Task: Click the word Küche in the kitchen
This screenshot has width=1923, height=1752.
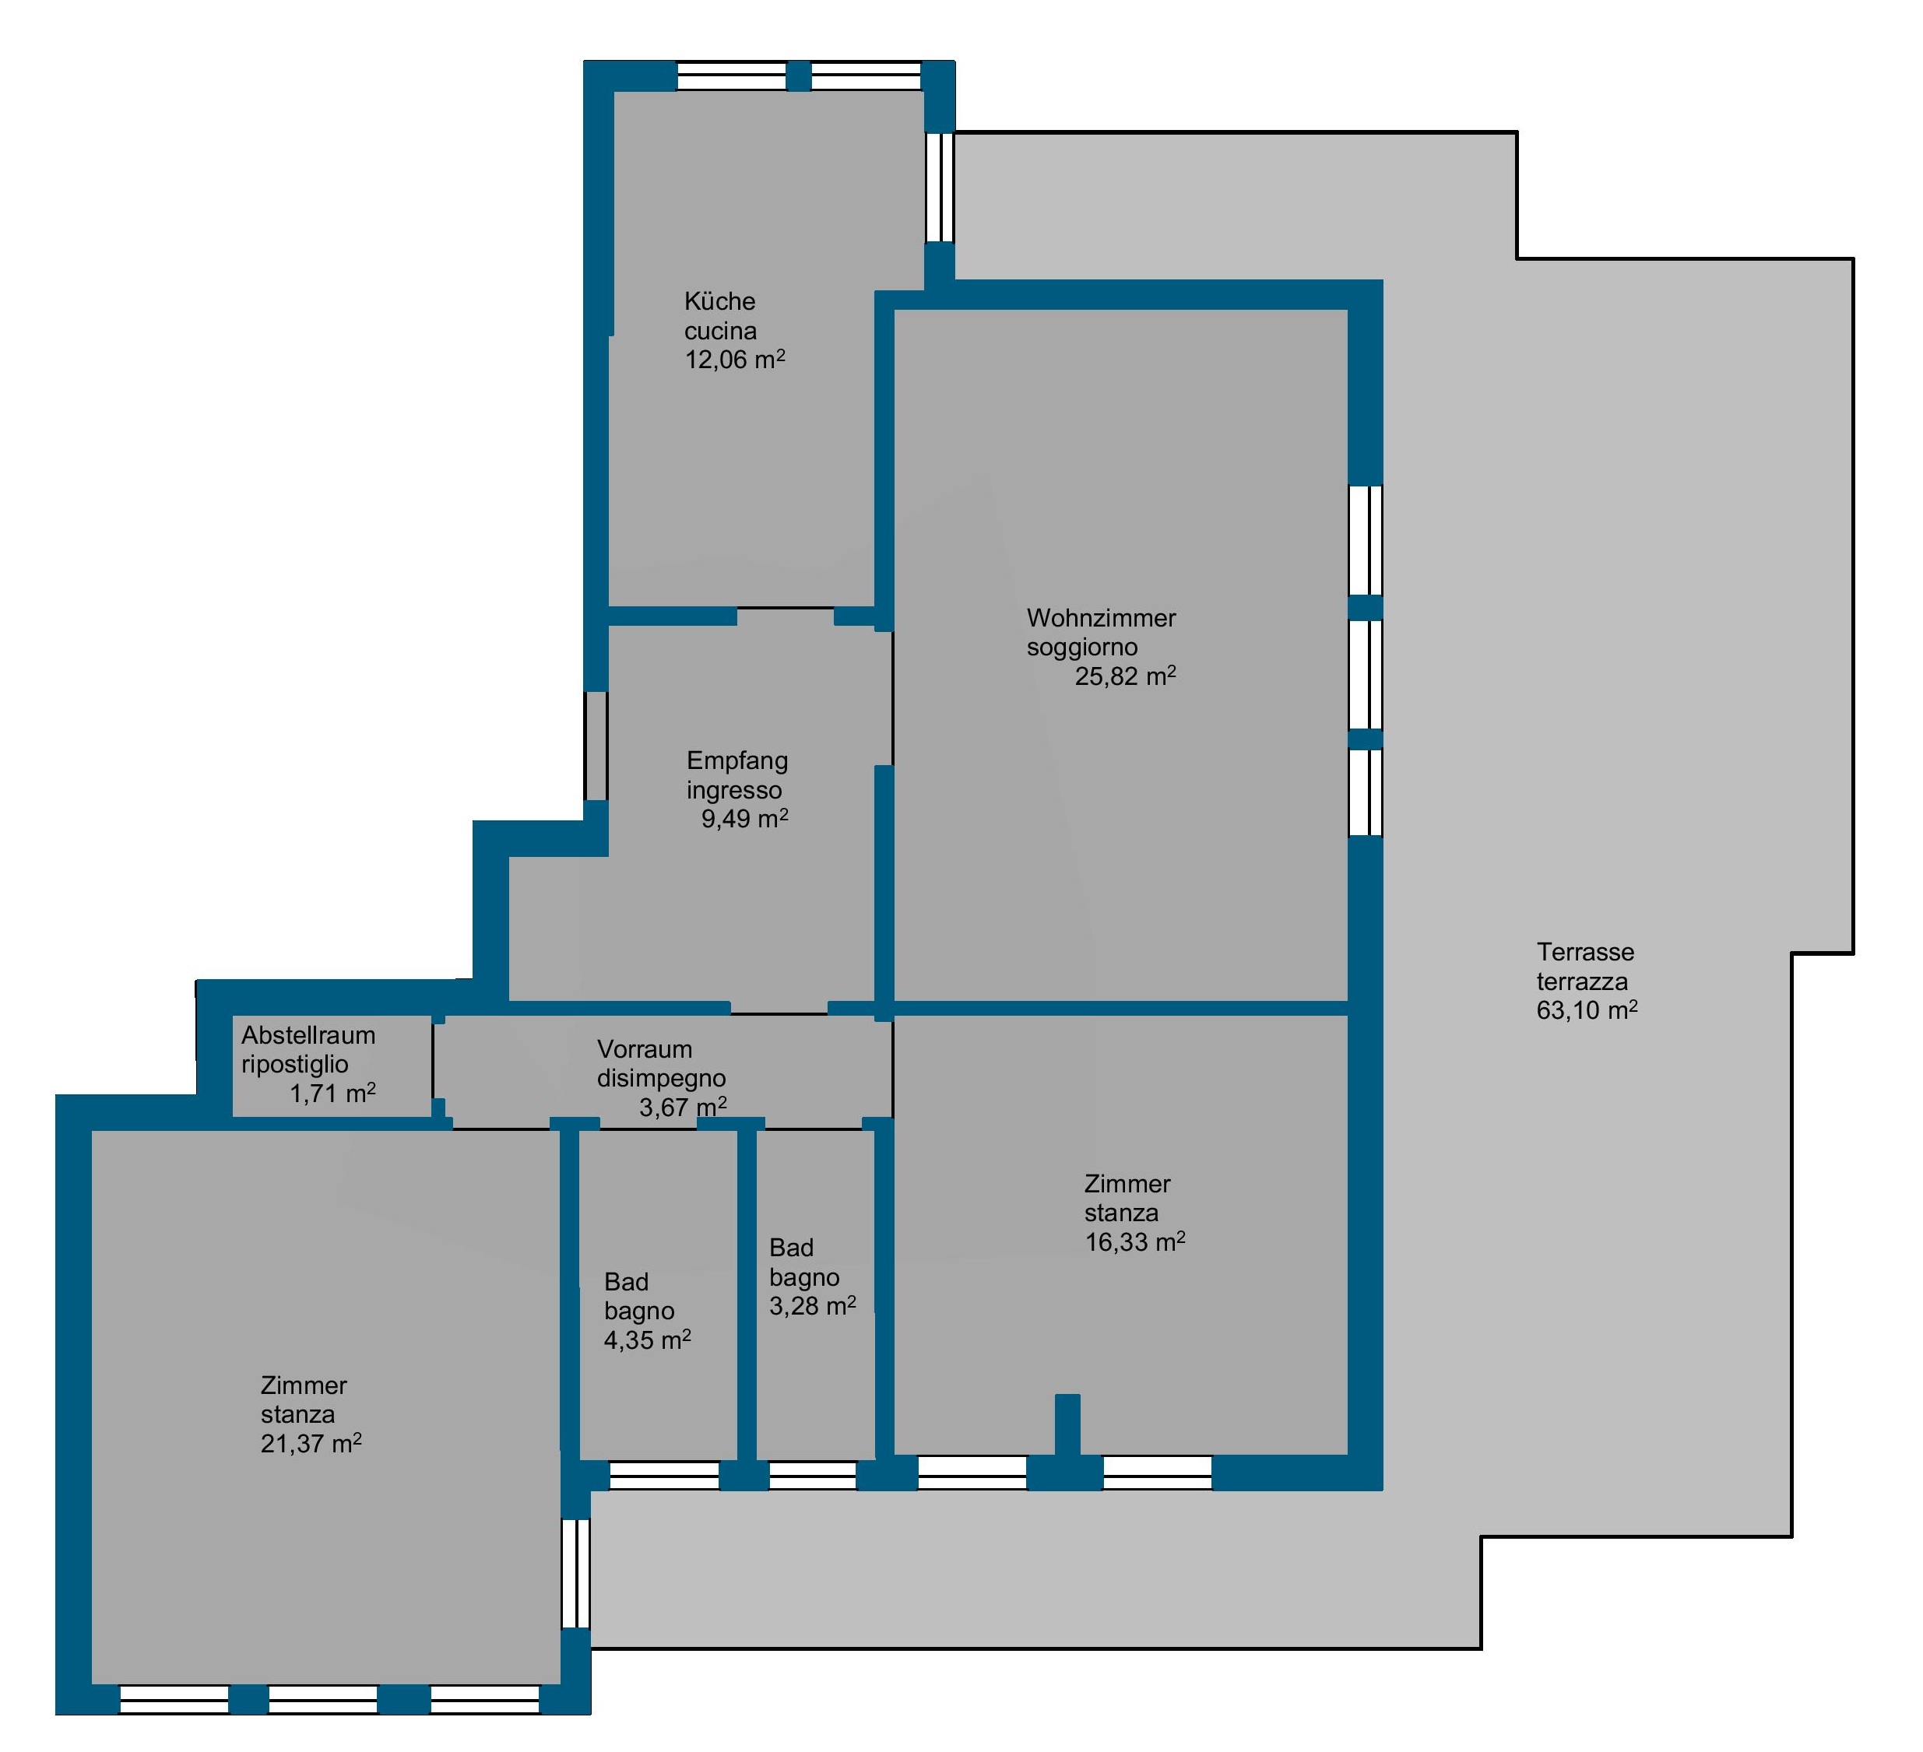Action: point(719,301)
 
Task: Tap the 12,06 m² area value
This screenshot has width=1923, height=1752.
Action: point(734,360)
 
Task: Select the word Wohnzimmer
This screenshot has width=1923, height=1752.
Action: point(1101,618)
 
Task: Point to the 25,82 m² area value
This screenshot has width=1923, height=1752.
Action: point(1125,676)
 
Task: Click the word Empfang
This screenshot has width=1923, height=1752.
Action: point(737,762)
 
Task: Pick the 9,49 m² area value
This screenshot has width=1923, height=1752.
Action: point(745,818)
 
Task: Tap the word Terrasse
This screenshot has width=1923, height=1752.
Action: point(1585,952)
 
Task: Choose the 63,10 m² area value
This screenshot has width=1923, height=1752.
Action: point(1587,1010)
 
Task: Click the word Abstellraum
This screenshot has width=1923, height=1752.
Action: point(308,1035)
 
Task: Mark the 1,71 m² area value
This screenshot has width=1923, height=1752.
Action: point(333,1093)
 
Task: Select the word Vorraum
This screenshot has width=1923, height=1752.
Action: point(645,1049)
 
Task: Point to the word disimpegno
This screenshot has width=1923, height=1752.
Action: point(662,1079)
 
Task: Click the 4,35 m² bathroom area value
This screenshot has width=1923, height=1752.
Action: point(648,1340)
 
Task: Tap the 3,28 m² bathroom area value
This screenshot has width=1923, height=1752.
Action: point(813,1306)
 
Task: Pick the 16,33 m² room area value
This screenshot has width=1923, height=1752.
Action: point(1135,1241)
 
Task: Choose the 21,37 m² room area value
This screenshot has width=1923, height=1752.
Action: point(311,1443)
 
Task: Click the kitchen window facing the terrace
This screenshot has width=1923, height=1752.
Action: point(940,187)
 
